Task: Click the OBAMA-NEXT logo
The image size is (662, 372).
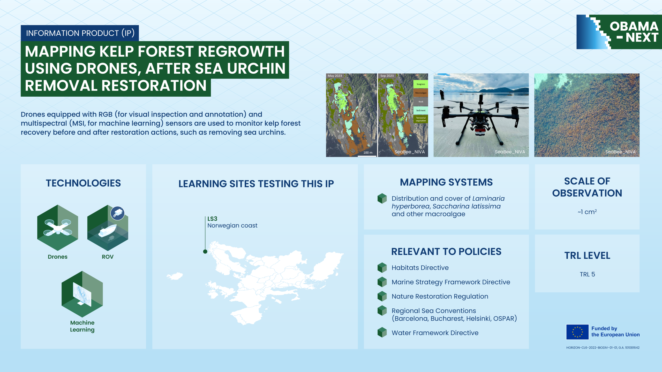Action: (619, 32)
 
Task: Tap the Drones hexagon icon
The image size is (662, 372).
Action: (58, 228)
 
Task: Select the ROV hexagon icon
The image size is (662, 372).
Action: (108, 228)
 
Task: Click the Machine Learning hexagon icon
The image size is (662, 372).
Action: (82, 294)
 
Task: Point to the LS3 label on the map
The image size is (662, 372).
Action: (212, 219)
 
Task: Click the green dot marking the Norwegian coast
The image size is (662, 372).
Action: (205, 251)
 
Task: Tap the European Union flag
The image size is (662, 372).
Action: (577, 332)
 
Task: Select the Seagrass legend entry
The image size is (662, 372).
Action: (421, 84)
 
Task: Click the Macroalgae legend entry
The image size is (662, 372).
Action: (421, 93)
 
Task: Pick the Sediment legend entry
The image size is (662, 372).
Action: (421, 111)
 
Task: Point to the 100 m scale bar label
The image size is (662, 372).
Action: (368, 153)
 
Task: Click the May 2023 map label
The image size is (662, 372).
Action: (335, 76)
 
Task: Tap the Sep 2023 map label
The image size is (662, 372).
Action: (387, 76)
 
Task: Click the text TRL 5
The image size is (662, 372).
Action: (587, 274)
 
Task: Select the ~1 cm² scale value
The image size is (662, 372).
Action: (587, 212)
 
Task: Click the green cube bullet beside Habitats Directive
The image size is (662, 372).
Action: (382, 268)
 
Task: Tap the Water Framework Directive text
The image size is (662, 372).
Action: (435, 333)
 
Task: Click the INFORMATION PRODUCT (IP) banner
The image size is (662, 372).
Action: (80, 33)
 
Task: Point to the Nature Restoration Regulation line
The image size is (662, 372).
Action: (440, 296)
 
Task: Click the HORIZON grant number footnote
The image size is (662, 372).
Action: (603, 348)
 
